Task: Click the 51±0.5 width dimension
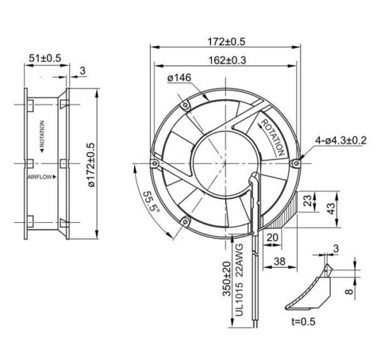44,58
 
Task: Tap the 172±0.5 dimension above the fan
226,41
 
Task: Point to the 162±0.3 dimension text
227,60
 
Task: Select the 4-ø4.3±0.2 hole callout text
341,140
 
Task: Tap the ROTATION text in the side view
42,135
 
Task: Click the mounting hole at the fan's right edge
297,161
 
